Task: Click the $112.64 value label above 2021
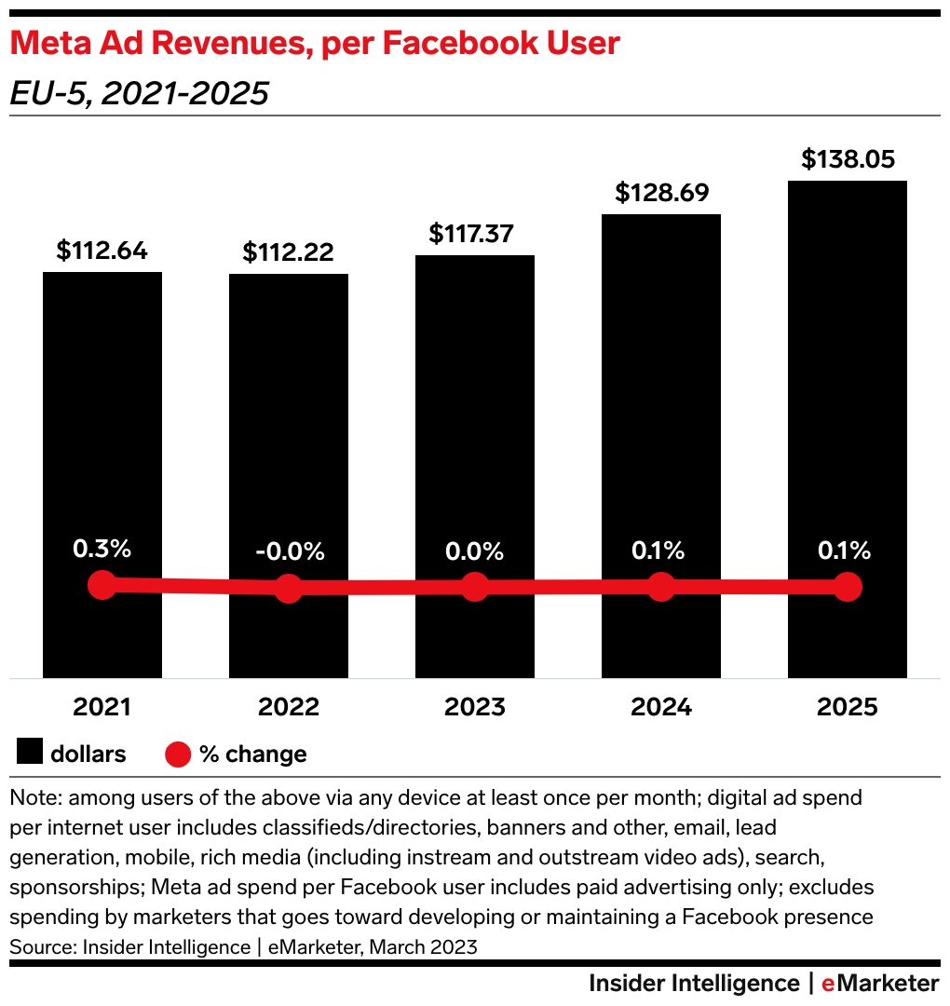[x=102, y=251]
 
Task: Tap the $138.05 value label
[x=848, y=159]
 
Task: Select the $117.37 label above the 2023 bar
[x=475, y=233]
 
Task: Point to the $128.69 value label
[x=661, y=193]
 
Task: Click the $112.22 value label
[x=289, y=252]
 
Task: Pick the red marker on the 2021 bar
[x=102, y=586]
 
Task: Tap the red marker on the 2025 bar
[x=848, y=587]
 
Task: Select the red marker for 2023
[x=475, y=588]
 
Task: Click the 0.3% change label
[x=102, y=550]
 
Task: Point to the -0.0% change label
[x=289, y=551]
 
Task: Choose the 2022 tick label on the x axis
[x=289, y=707]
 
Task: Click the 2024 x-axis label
[x=661, y=707]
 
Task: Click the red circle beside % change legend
[x=178, y=754]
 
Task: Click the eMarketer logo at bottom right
[x=880, y=984]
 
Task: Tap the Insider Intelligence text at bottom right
[x=694, y=984]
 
